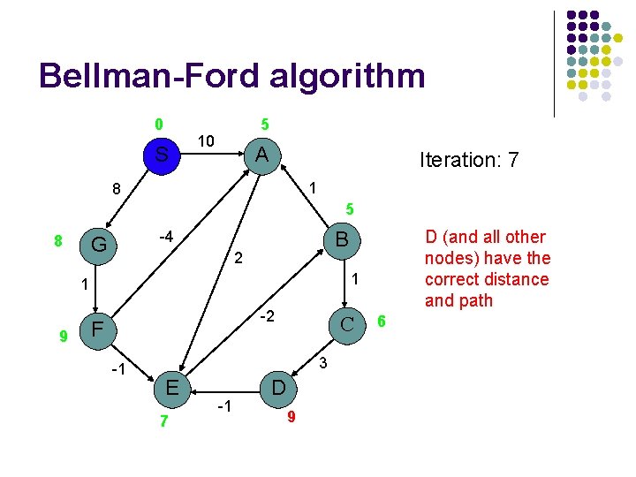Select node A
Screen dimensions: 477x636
coord(261,155)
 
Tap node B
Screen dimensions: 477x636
coord(340,238)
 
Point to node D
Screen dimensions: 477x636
coord(277,388)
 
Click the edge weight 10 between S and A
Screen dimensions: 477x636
coord(207,140)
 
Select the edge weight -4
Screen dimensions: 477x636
coord(163,237)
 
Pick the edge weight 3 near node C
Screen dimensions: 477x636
coord(323,363)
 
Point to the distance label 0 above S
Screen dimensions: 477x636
coord(158,124)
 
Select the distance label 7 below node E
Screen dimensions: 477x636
coord(163,421)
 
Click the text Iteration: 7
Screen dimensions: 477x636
coord(469,160)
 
